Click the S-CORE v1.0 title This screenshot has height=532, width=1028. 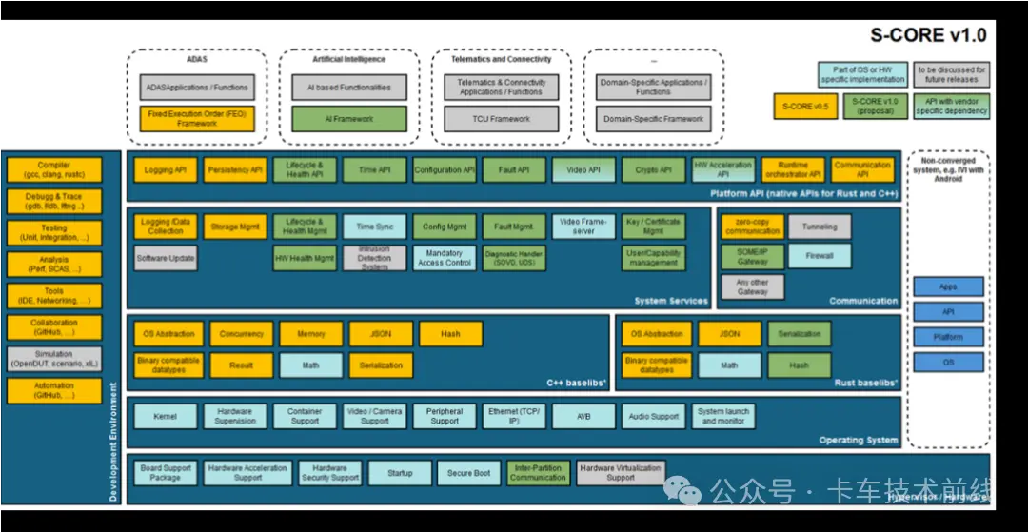(928, 36)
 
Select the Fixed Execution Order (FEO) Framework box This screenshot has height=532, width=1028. (197, 119)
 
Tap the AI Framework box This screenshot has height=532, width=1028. (349, 119)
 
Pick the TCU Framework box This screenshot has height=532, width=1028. (502, 119)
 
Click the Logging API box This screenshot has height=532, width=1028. (166, 170)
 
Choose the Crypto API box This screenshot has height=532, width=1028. (653, 170)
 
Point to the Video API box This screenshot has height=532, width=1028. (583, 170)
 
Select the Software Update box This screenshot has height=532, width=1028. (166, 258)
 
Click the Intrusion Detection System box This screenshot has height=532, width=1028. (374, 258)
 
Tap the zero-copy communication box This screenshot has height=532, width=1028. (752, 227)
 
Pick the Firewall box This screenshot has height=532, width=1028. (820, 256)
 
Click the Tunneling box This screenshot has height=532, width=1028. (820, 227)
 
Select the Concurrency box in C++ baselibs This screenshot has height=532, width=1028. (241, 334)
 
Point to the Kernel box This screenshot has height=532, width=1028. (165, 416)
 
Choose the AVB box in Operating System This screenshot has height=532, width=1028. (583, 416)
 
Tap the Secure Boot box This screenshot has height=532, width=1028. (469, 473)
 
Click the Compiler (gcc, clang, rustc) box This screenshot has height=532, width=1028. (54, 170)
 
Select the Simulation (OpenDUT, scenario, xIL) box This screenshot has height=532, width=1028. (54, 359)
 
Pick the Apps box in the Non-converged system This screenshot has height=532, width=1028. (947, 286)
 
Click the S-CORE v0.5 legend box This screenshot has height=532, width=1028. (799, 107)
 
